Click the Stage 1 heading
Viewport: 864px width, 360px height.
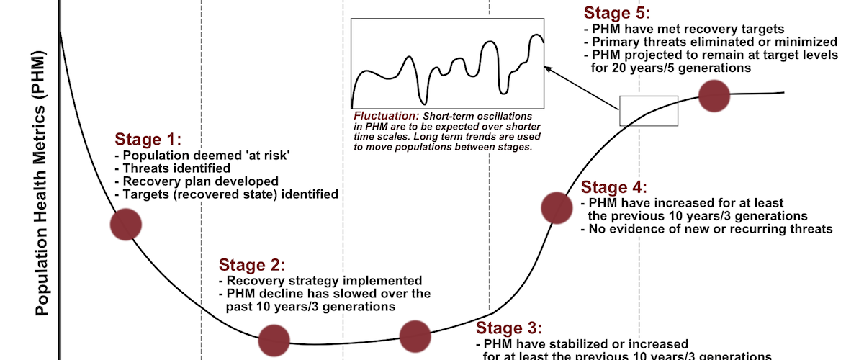pos(148,139)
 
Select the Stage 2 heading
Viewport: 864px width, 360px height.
pos(252,265)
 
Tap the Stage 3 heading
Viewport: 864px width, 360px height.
pos(509,328)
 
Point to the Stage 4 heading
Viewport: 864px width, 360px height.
pos(613,187)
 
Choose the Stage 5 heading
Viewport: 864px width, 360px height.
pos(617,13)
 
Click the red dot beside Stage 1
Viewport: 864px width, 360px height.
pos(126,225)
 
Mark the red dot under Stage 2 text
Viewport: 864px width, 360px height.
pos(274,341)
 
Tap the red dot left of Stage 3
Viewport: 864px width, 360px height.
pos(415,336)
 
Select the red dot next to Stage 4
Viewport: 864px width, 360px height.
pos(557,208)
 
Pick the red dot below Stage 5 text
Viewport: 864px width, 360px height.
pos(714,96)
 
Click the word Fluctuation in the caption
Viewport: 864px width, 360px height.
pos(387,116)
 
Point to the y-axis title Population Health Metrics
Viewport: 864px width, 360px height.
pos(41,184)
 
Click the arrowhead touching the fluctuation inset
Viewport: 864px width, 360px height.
pos(549,70)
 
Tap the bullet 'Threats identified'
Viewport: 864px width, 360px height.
pos(172,168)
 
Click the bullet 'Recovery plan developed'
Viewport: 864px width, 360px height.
pos(197,181)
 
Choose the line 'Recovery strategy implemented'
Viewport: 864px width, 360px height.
pos(320,281)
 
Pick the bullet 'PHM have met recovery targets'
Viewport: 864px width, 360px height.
pos(684,30)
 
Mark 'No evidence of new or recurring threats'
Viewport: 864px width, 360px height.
pos(706,229)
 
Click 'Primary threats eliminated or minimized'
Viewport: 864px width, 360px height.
pos(711,42)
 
